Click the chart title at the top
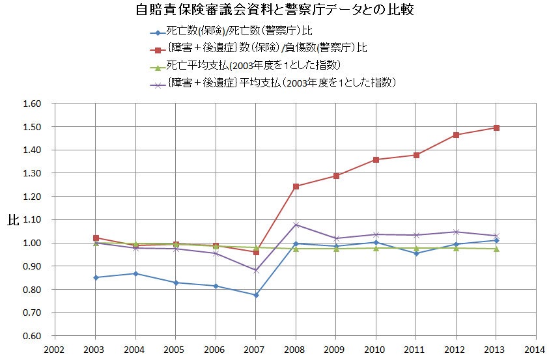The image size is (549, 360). (x=274, y=11)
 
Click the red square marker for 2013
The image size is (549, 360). (x=497, y=128)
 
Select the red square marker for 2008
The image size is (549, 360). (x=296, y=186)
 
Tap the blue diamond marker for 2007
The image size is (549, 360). (x=256, y=295)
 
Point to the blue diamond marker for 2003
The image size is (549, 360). (x=96, y=277)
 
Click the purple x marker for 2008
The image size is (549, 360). (x=296, y=225)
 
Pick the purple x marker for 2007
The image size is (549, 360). (x=256, y=270)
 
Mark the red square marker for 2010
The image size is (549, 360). (x=376, y=159)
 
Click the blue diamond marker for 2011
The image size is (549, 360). (x=417, y=253)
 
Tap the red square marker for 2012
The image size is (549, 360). (x=457, y=135)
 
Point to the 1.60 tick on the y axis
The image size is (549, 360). (x=32, y=104)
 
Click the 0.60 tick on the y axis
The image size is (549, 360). (x=32, y=336)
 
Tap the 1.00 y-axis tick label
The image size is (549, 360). (x=32, y=243)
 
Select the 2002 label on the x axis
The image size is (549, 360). (x=55, y=349)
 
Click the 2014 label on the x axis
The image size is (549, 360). (x=537, y=349)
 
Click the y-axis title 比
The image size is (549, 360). (x=12, y=220)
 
